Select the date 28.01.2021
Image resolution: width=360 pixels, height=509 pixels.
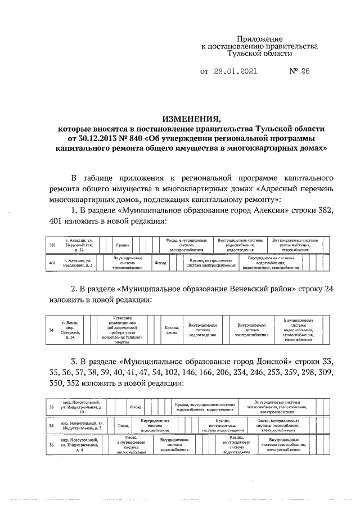click(x=236, y=71)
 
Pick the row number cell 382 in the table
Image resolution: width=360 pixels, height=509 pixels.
click(x=52, y=245)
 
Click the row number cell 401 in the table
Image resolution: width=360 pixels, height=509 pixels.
click(x=52, y=263)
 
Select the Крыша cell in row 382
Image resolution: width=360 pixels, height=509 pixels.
click(x=122, y=245)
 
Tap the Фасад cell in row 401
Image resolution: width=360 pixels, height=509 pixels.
click(x=160, y=263)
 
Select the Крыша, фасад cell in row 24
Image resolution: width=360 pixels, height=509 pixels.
click(x=172, y=330)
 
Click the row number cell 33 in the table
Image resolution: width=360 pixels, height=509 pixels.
click(x=52, y=407)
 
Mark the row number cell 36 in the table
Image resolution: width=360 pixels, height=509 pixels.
click(x=52, y=444)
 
